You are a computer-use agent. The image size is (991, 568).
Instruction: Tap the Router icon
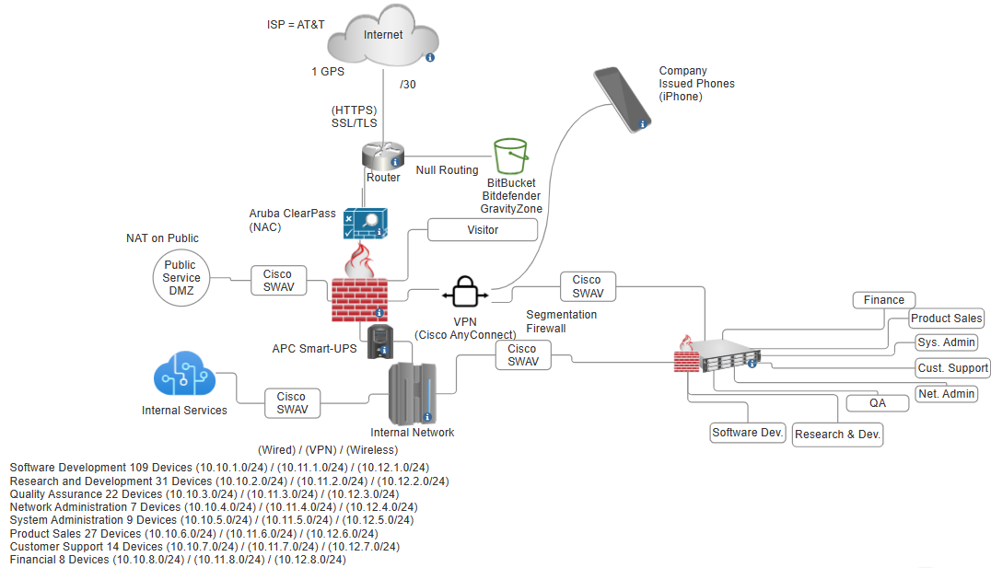[x=383, y=154]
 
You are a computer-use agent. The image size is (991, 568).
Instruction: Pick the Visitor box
[x=483, y=230]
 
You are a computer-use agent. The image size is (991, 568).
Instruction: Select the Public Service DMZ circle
[x=181, y=277]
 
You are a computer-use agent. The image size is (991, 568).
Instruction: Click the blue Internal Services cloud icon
[x=184, y=380]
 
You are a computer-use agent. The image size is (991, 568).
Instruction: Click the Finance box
[x=884, y=300]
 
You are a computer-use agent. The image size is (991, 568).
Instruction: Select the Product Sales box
[x=947, y=319]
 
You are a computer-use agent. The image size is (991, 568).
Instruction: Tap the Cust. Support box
[x=953, y=368]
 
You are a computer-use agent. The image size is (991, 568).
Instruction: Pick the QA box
[x=877, y=403]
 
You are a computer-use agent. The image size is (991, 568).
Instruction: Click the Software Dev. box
[x=748, y=433]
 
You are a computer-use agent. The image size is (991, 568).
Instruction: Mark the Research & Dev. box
[x=838, y=435]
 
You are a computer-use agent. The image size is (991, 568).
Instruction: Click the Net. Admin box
[x=947, y=394]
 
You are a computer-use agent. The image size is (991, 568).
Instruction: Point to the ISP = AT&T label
[x=289, y=24]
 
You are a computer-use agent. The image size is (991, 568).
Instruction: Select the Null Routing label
[x=447, y=170]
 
